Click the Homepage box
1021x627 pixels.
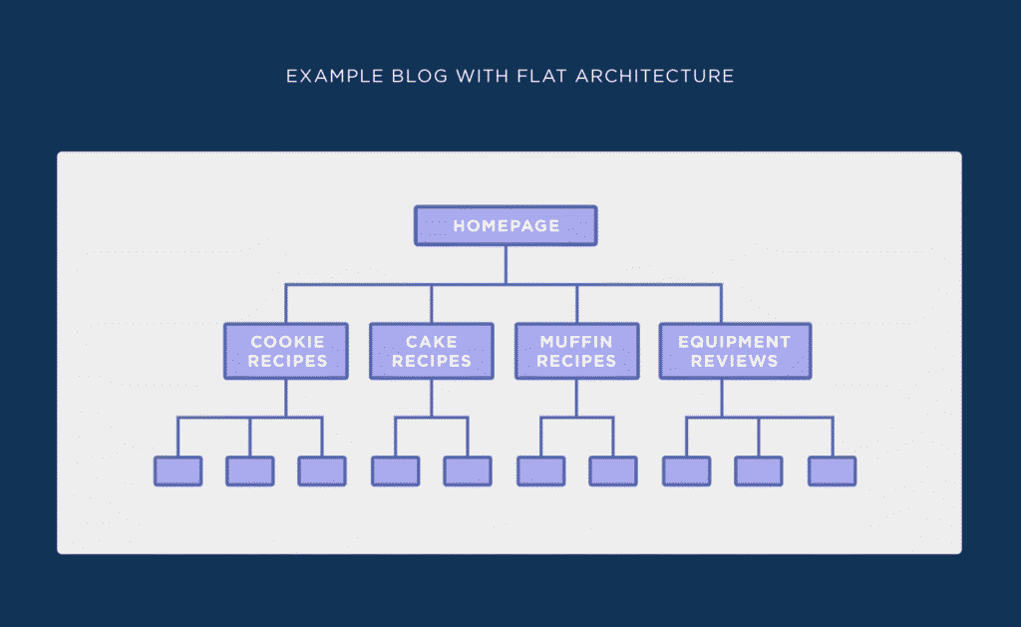[506, 225]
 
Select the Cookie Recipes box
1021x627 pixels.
[286, 351]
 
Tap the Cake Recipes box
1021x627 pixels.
[432, 351]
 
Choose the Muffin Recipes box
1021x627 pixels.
[576, 351]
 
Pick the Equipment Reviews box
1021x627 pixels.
[734, 351]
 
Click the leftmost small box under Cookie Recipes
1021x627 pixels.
[178, 471]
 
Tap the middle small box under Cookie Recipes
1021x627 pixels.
[250, 471]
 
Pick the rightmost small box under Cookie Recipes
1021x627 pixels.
[322, 471]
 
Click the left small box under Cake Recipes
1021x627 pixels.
[396, 471]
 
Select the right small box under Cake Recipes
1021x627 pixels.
[468, 471]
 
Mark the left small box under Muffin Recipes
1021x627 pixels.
[541, 471]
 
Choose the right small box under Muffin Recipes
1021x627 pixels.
[613, 471]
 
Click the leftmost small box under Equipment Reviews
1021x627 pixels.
[687, 471]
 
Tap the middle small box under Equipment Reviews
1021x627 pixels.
[759, 471]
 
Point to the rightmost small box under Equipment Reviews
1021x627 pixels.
[832, 471]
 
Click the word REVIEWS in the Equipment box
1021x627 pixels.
[734, 361]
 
